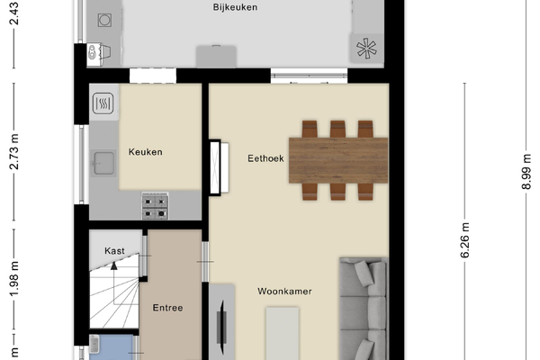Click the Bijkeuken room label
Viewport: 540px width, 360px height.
tap(235, 7)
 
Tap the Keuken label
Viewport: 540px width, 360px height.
tap(145, 152)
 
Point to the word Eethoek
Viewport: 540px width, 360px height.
tap(265, 158)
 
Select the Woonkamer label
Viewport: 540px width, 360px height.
tap(284, 292)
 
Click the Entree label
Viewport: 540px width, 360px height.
tap(167, 308)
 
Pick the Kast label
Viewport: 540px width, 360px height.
tap(114, 251)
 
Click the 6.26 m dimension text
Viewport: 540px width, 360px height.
tap(465, 240)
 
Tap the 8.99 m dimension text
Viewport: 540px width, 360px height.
tap(526, 172)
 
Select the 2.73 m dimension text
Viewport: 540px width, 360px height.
tap(14, 151)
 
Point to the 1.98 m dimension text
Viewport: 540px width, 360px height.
tap(14, 279)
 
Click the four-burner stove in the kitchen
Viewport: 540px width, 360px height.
tap(156, 206)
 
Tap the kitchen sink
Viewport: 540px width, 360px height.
tap(103, 163)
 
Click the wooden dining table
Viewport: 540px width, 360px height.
tap(338, 160)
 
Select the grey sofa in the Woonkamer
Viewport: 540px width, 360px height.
tap(364, 309)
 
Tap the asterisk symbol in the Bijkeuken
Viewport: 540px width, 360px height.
tap(366, 49)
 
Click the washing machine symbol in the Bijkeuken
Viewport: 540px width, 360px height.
tap(104, 21)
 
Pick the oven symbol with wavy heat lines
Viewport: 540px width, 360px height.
tap(103, 103)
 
